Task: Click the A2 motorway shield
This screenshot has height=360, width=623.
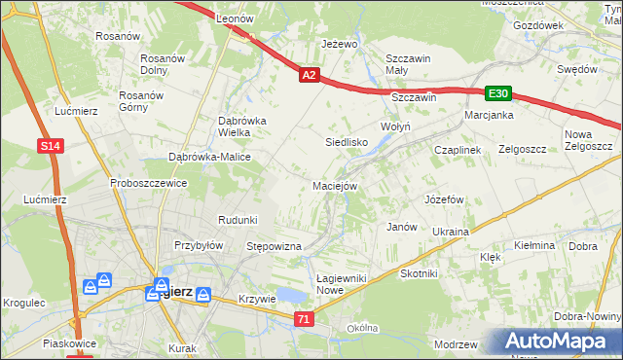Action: (309, 74)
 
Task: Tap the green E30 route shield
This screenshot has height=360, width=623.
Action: (499, 93)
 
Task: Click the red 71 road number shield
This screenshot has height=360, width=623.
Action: (305, 318)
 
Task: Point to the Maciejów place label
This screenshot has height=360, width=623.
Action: (336, 185)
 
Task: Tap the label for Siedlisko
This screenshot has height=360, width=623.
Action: (345, 142)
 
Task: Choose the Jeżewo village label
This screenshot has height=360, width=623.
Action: (340, 45)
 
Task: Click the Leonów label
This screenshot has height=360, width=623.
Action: (235, 19)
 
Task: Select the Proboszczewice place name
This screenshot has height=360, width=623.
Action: (148, 183)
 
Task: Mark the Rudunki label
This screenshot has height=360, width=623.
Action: (238, 220)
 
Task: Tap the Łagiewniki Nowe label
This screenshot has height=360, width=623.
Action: (342, 284)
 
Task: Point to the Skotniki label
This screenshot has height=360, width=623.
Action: (419, 274)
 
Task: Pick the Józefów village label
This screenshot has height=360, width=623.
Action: (442, 199)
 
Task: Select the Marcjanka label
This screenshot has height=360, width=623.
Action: (489, 115)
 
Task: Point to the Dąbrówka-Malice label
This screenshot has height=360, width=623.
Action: (210, 157)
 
